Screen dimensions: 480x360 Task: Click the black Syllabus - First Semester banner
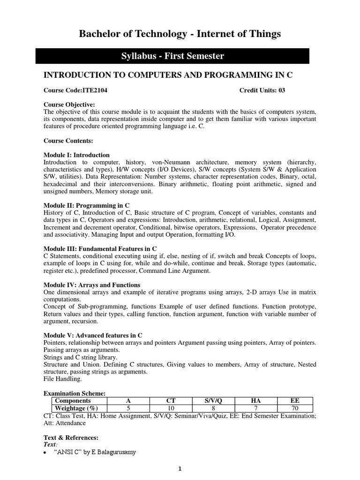click(x=172, y=56)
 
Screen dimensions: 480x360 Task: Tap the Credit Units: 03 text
click(x=262, y=90)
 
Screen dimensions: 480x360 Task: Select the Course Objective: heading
click(x=69, y=104)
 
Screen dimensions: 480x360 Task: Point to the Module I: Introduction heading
click(x=76, y=155)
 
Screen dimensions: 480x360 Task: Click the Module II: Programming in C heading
click(x=86, y=205)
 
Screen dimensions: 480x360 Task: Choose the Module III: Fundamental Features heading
click(x=100, y=248)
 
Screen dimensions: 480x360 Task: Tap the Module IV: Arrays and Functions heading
click(x=92, y=285)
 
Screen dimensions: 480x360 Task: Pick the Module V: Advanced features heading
click(x=93, y=335)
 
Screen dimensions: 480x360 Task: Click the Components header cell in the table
click(x=73, y=401)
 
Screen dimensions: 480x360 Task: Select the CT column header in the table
click(x=171, y=401)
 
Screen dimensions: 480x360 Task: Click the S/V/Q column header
click(x=213, y=401)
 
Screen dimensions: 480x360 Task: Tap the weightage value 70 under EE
click(x=294, y=408)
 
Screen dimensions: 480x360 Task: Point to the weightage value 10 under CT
click(x=171, y=408)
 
